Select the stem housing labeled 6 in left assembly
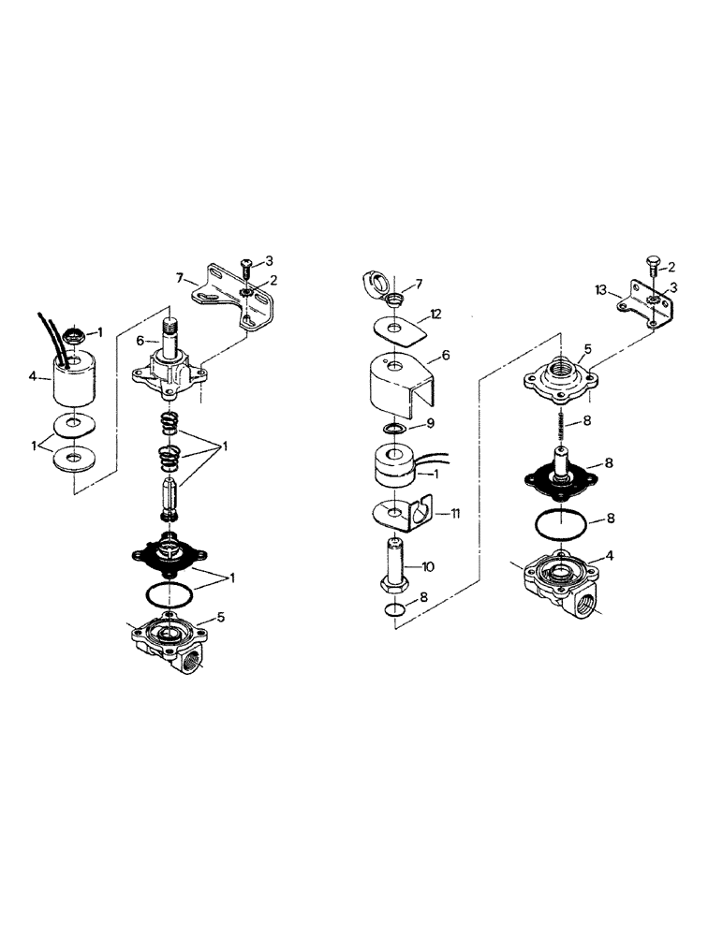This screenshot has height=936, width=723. (169, 360)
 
